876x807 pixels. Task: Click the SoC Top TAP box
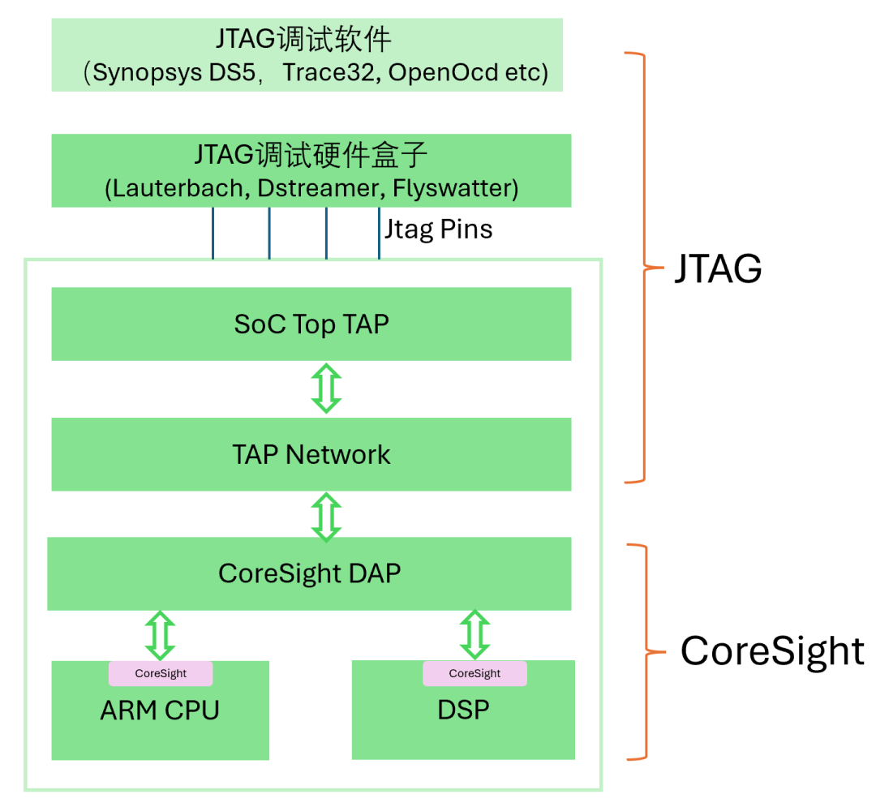tap(311, 324)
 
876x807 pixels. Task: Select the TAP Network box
tap(311, 454)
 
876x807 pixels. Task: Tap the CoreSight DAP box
tap(309, 573)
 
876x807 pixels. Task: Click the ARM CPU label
tap(160, 711)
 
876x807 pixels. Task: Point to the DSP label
tap(463, 710)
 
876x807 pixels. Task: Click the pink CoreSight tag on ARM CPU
tap(161, 673)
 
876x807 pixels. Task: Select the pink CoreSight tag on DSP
tap(474, 673)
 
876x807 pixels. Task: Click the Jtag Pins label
tap(438, 230)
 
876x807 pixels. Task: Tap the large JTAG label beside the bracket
tap(718, 268)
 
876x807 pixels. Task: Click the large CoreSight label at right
tap(771, 650)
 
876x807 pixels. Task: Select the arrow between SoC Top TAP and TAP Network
tap(327, 388)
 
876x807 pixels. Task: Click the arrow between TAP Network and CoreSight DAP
tap(327, 517)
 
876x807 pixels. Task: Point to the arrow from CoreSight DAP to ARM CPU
tap(160, 635)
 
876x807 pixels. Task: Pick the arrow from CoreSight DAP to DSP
tap(474, 635)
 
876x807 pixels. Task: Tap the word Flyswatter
tap(452, 188)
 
